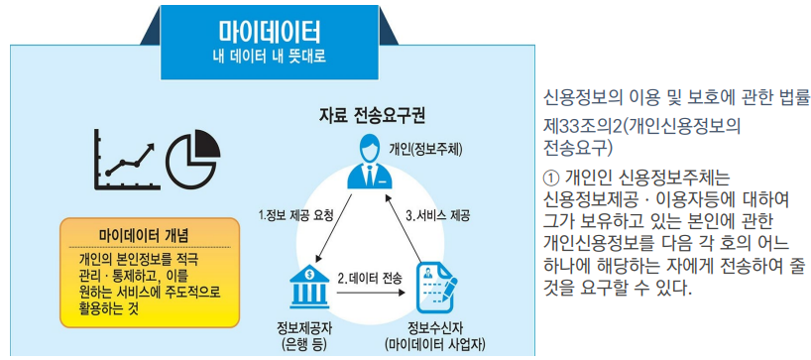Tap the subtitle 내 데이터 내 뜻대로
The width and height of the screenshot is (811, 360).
coord(270,56)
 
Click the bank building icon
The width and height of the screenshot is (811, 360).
coord(308,287)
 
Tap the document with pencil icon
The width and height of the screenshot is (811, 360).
coord(436,286)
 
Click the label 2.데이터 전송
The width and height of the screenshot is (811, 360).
coord(369,278)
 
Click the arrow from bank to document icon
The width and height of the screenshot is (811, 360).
coord(370,294)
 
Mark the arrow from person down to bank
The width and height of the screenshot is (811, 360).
coord(335,227)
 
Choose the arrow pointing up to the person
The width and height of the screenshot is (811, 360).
coord(406,226)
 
